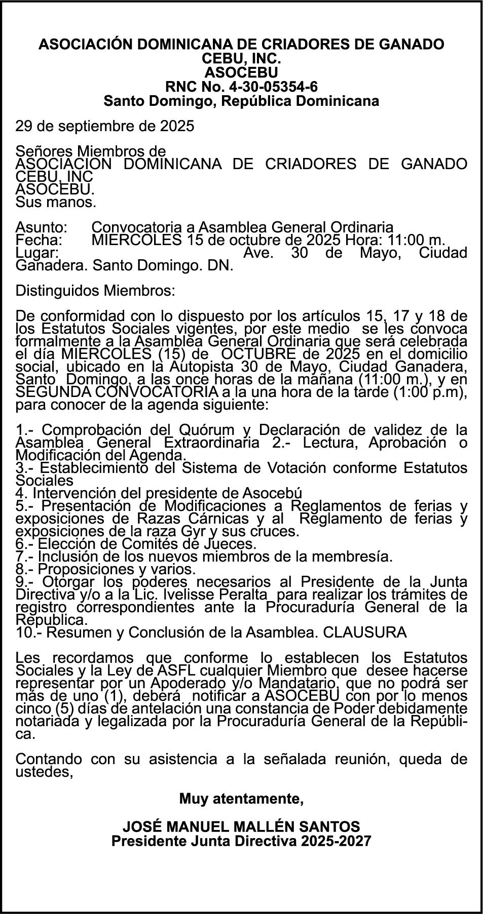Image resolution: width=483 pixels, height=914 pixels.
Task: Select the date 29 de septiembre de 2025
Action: click(x=104, y=126)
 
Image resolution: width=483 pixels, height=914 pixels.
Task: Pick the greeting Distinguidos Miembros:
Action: click(x=95, y=291)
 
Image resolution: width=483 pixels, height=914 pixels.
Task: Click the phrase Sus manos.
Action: click(x=56, y=203)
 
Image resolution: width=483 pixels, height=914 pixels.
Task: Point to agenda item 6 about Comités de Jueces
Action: click(x=136, y=544)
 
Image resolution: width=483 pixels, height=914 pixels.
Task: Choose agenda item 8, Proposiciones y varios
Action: click(x=105, y=569)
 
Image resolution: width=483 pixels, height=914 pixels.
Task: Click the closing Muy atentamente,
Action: click(x=241, y=799)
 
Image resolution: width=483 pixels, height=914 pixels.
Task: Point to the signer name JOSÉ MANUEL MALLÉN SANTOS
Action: click(x=241, y=827)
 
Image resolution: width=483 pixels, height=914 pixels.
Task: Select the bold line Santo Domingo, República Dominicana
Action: click(x=241, y=101)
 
